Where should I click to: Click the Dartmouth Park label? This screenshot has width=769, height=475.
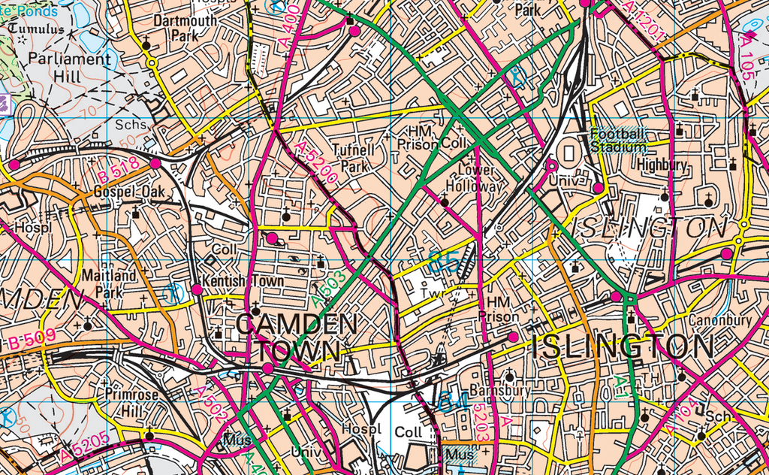coord(185,28)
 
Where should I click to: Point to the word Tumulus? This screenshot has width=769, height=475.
coord(38,29)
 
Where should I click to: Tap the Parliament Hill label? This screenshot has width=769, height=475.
coord(68,67)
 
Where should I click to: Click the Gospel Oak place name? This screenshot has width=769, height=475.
coord(129,192)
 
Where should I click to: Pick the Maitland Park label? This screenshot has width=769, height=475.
coord(110,283)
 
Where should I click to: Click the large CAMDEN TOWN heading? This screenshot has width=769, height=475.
coord(297,337)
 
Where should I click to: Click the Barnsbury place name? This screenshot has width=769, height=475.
coord(499,391)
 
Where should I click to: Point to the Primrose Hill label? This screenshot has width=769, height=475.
coord(131,402)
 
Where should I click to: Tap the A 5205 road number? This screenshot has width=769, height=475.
coord(84,446)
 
